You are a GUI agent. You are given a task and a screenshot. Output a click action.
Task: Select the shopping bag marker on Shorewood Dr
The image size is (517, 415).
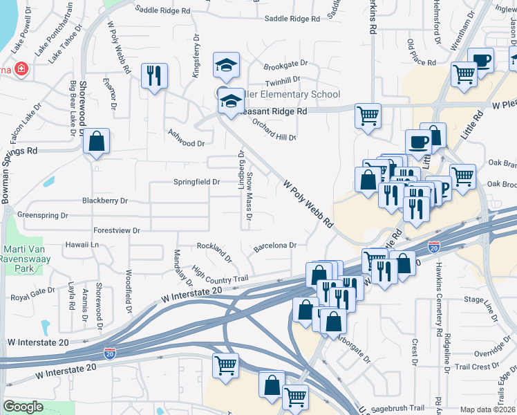(97, 141)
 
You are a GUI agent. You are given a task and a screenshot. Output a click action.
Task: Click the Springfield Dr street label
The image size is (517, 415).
(196, 182)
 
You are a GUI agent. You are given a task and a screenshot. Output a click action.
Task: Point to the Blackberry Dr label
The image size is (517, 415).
(105, 201)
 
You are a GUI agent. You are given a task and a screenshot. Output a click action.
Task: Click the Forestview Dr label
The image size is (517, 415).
(117, 230)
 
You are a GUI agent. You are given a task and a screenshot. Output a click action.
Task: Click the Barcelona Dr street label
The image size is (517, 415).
(275, 245)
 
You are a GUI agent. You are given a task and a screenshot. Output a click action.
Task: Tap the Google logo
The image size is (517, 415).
(23, 407)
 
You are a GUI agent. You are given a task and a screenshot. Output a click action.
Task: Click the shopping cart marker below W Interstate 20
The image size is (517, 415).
(225, 365)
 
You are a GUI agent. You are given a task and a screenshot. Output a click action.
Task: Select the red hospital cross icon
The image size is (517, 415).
(22, 69)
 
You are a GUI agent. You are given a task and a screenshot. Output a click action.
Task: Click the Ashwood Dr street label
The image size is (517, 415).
(187, 143)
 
